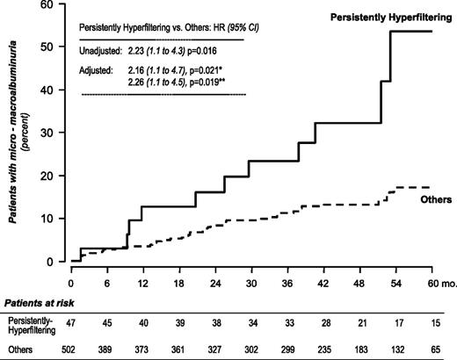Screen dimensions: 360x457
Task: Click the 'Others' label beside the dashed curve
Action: pos(436,200)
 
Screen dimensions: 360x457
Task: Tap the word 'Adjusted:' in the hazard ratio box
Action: pos(98,73)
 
